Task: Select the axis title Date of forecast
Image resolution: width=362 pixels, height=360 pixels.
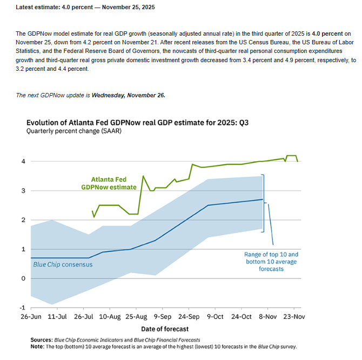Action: [165, 329]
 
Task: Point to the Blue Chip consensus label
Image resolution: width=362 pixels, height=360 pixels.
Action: [63, 264]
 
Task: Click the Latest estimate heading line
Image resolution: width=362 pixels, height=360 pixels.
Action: [85, 7]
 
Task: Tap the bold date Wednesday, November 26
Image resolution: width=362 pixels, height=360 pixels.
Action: [129, 95]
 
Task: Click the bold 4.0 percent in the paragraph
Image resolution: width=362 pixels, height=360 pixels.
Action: [330, 34]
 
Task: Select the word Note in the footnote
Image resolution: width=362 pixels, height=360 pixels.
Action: [38, 346]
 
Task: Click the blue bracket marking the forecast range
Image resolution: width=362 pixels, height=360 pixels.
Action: [263, 203]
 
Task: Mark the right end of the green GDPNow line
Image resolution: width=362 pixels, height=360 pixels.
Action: [298, 161]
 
